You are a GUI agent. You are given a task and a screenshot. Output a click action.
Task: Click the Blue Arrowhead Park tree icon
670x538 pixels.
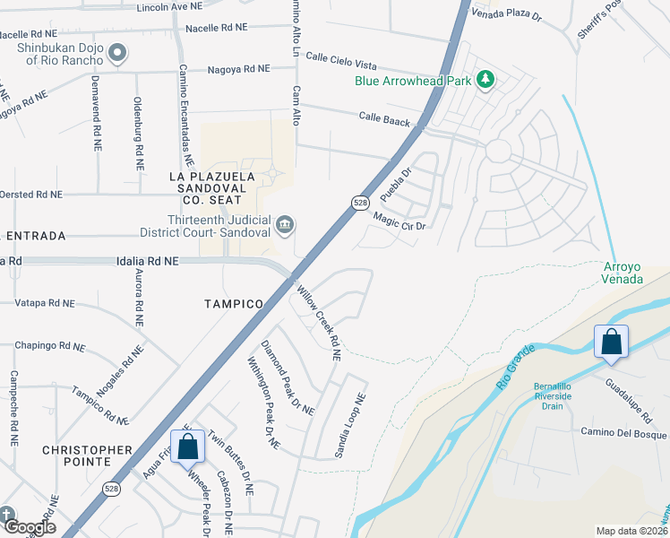(485, 81)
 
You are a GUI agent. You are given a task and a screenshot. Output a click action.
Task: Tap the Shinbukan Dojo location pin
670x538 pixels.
(116, 55)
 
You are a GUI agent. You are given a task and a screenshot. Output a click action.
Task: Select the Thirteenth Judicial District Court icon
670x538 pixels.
(285, 223)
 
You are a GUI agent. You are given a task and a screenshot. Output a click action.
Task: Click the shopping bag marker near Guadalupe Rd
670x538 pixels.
(611, 343)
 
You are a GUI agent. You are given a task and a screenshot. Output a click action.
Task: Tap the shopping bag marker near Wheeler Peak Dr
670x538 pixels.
(187, 447)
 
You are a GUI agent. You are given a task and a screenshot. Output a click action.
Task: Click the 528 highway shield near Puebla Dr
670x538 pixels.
(357, 203)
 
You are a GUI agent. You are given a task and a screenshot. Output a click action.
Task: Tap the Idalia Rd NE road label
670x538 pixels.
(148, 260)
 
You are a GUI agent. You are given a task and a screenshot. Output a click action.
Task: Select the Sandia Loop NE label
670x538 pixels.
(351, 427)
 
